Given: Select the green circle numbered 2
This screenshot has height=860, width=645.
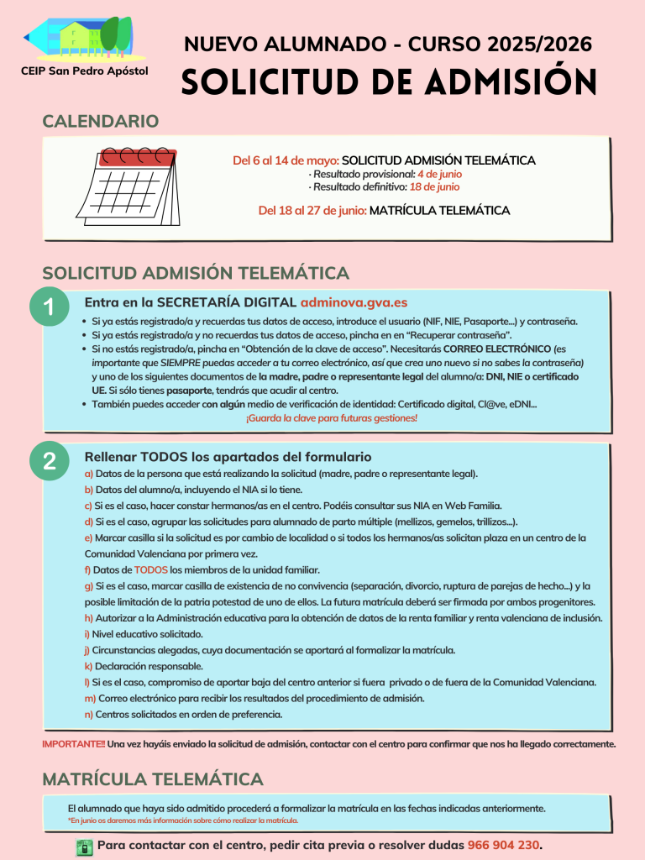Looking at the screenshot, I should click(x=49, y=461).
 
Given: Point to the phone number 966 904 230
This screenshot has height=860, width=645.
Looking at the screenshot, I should click(x=504, y=845).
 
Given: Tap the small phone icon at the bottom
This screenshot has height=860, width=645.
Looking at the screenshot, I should click(x=84, y=846).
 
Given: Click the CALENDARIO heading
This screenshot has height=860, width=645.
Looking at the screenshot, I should click(x=100, y=121).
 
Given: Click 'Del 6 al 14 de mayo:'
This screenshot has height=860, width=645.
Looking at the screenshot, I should click(x=286, y=160).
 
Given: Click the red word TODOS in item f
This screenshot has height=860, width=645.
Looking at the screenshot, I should click(x=151, y=569).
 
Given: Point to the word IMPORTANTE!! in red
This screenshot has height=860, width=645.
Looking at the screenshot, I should click(x=74, y=744).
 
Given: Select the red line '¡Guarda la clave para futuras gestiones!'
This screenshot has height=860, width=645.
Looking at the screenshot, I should click(x=331, y=417).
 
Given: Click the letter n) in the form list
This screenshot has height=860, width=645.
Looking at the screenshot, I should click(x=88, y=715).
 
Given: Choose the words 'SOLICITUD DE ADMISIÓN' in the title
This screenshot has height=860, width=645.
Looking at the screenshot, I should click(x=389, y=81).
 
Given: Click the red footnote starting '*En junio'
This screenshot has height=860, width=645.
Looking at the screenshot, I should click(x=183, y=821).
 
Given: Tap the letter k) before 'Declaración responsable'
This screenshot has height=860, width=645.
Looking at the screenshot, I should click(x=88, y=666).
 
